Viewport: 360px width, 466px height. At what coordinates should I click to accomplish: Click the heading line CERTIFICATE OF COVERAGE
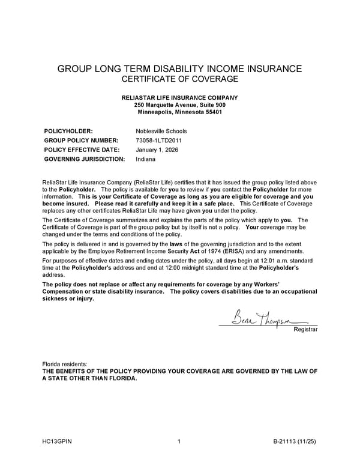(x=179, y=79)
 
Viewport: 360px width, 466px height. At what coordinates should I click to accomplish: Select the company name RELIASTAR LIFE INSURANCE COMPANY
(x=179, y=98)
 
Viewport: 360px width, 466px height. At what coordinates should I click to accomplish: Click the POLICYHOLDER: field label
(x=68, y=131)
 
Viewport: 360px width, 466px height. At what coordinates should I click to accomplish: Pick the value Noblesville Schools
(x=161, y=131)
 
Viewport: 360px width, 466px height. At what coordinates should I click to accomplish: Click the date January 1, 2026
(x=157, y=150)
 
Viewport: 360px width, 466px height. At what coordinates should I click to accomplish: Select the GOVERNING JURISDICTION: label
(x=85, y=159)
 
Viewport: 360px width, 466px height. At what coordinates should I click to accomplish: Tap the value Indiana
(x=146, y=159)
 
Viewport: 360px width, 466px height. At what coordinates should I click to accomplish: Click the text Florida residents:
(x=65, y=365)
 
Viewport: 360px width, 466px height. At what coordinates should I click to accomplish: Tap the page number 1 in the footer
(x=179, y=443)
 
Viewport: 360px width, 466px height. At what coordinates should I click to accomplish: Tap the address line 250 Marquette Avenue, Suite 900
(x=179, y=105)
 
